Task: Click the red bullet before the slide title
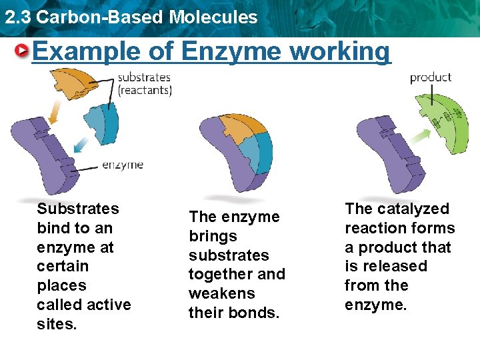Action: pyautogui.click(x=23, y=51)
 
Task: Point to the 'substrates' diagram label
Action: pyautogui.click(x=144, y=77)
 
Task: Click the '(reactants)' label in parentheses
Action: pyautogui.click(x=145, y=90)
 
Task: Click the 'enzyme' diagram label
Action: pyautogui.click(x=122, y=165)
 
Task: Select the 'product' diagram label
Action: pyautogui.click(x=430, y=77)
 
